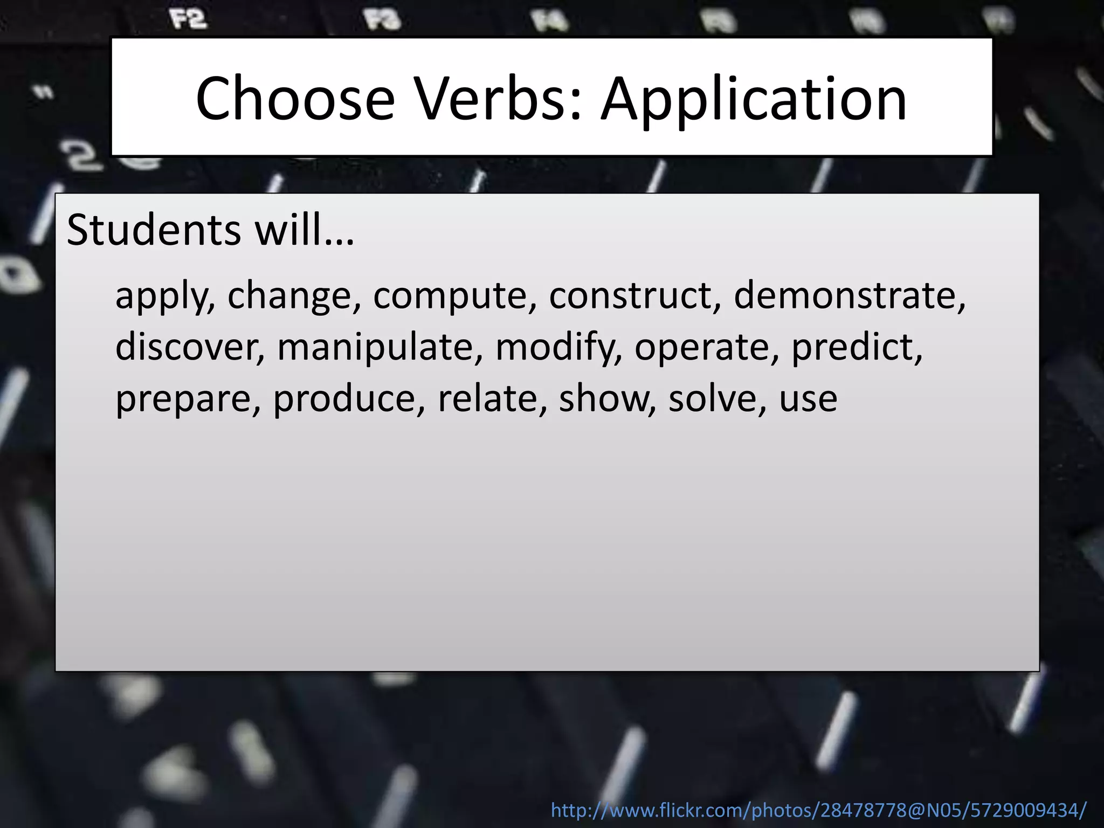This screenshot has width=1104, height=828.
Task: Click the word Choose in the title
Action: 295,99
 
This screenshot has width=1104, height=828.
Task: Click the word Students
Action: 154,230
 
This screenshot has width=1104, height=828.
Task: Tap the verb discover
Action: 189,347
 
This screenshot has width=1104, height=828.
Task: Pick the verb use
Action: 808,399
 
